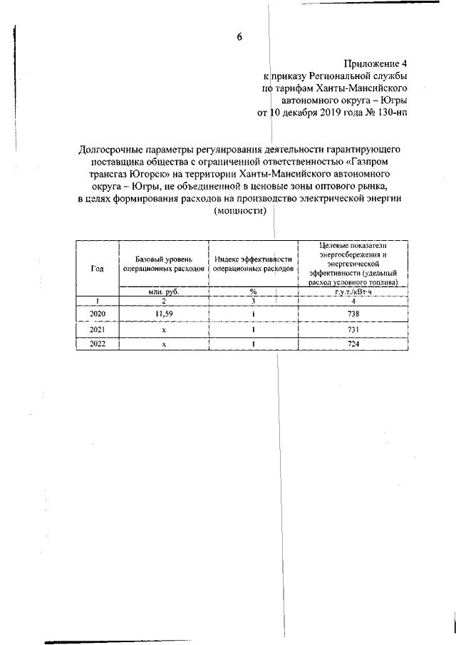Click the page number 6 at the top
240,38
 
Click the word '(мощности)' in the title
240,211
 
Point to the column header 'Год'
98,268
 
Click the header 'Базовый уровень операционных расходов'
163,268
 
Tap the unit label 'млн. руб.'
163,291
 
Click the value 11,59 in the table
163,314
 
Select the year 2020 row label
98,314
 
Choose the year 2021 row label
98,329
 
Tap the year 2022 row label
98,344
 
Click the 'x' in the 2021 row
163,329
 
